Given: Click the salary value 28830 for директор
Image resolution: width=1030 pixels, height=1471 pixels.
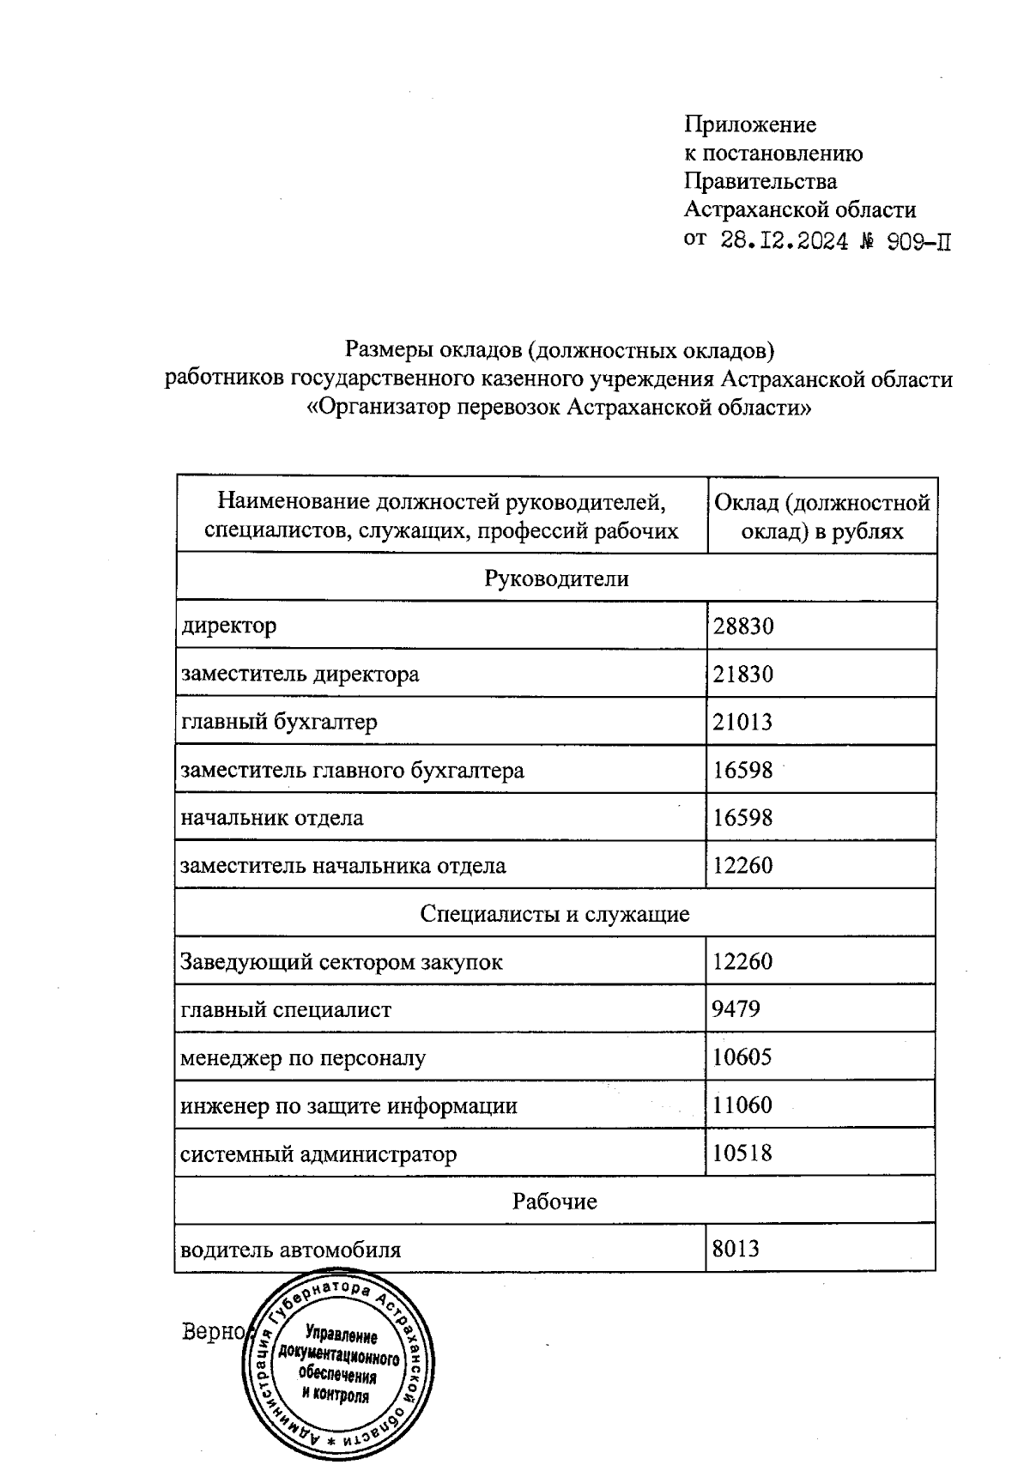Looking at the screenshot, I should (x=743, y=626).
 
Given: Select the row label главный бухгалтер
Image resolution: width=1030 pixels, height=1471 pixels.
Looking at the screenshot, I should (x=279, y=722).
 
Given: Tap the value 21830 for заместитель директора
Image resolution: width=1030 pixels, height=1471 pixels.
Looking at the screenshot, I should (x=743, y=674).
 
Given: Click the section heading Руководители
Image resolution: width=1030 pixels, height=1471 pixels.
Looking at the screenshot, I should (x=556, y=578).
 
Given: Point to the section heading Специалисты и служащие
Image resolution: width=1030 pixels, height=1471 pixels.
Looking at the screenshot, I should (x=555, y=913).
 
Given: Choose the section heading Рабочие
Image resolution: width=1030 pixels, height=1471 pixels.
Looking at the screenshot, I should (x=554, y=1201).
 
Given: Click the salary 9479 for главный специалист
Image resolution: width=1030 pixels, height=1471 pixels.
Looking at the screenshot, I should (x=736, y=1008).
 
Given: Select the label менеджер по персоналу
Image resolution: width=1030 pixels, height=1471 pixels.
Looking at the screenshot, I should (x=303, y=1057).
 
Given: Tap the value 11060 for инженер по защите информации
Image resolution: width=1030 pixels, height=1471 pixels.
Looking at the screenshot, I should (x=742, y=1105).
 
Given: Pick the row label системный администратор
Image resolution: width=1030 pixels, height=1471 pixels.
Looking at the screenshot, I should (x=318, y=1153).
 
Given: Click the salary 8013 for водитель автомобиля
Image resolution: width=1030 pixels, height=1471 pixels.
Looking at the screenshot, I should (x=736, y=1249).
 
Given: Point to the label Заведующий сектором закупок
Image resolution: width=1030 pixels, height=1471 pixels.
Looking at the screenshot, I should (x=342, y=961).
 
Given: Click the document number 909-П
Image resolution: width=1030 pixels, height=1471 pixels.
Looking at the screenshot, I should (x=918, y=241).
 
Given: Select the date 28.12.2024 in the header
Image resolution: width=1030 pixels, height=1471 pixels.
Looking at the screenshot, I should (x=785, y=241).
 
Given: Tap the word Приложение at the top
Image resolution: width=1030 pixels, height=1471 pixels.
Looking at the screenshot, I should (x=749, y=125).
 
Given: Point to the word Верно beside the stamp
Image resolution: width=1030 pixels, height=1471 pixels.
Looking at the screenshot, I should (x=215, y=1332).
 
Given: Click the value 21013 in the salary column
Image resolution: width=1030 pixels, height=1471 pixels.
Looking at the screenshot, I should (x=743, y=722).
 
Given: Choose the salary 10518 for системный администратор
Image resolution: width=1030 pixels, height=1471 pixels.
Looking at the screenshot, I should (x=742, y=1153).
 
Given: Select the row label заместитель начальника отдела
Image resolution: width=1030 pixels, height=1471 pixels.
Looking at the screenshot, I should (x=343, y=865).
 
